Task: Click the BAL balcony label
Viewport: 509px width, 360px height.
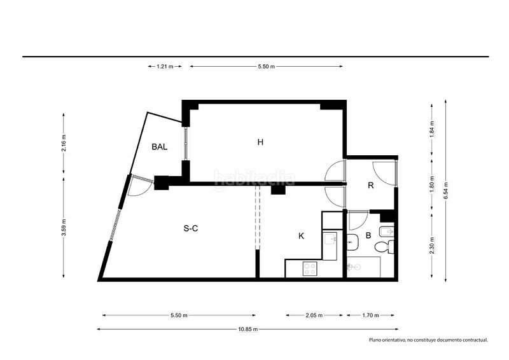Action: [x=160, y=147]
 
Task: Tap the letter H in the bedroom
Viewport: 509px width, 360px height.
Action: [x=260, y=142]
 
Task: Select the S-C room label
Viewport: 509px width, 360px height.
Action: [x=190, y=228]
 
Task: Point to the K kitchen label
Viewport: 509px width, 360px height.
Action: [x=301, y=236]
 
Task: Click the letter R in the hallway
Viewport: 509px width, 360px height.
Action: [x=371, y=185]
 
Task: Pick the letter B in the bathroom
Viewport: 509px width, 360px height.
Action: [x=368, y=235]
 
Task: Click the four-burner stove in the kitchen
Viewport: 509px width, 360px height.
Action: [x=310, y=269]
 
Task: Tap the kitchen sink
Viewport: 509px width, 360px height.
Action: [x=330, y=240]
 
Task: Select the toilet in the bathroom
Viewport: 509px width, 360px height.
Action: [x=384, y=247]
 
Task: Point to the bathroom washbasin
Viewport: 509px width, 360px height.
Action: [x=352, y=242]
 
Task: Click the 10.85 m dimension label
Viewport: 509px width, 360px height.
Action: [x=248, y=329]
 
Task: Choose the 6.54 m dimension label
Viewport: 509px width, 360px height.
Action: [x=446, y=191]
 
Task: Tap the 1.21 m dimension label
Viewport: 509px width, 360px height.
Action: [x=165, y=67]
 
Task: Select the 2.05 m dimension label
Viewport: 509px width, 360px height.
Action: [x=314, y=315]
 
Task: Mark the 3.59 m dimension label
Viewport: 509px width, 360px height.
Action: [x=64, y=228]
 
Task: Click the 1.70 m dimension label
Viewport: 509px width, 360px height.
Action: [x=371, y=315]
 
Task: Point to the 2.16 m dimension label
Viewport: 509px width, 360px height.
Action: [x=64, y=143]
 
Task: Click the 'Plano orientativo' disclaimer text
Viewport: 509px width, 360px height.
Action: [x=428, y=340]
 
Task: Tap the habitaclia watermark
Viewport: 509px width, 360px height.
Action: [x=254, y=179]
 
